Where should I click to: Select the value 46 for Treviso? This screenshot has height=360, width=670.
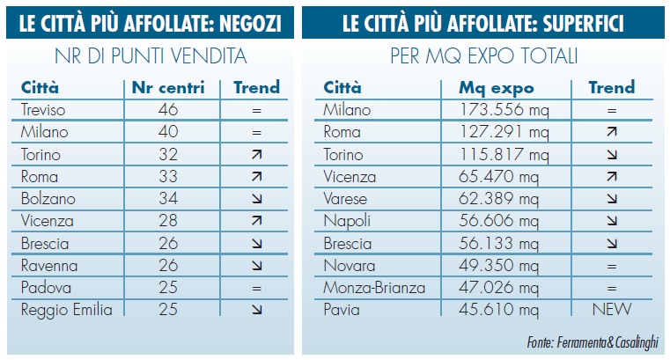pos(167,110)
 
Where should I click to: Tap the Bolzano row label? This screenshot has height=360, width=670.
pos(48,198)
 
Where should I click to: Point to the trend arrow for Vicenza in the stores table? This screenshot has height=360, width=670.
pos(256,220)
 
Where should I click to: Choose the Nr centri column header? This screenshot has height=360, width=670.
pos(167,87)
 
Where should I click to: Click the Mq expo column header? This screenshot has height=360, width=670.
pos(497,87)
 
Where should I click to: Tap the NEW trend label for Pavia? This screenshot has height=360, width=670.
pos(612,309)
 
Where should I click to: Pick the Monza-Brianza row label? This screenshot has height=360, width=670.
pos(373,287)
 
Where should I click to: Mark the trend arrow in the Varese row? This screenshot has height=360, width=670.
pos(612,198)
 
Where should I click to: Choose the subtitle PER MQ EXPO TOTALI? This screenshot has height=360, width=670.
pos(482,57)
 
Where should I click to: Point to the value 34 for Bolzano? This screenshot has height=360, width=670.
pos(167,198)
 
